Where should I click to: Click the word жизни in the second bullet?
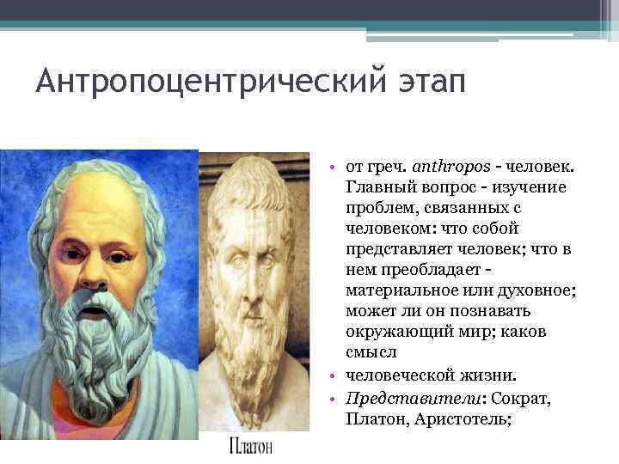pos(487,375)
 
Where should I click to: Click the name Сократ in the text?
pos(518,399)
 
